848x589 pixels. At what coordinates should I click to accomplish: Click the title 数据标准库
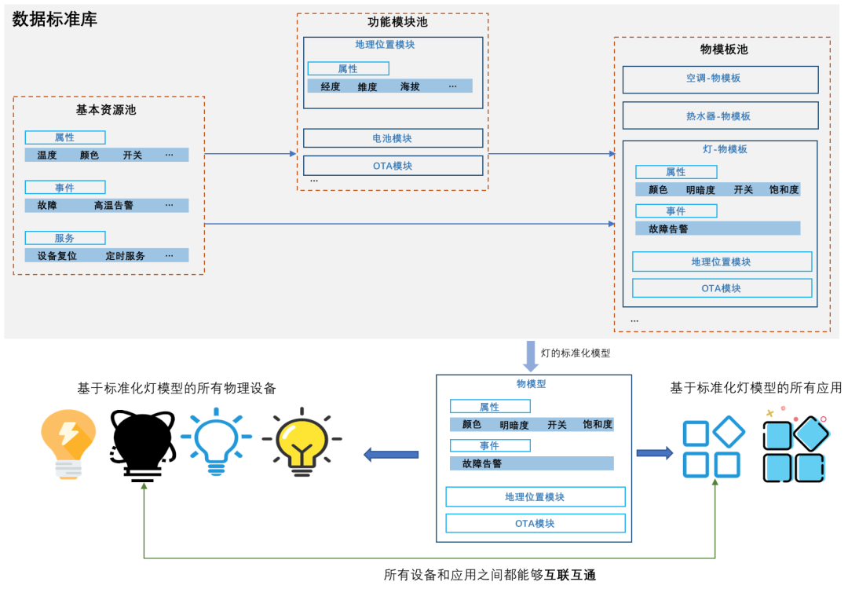pos(55,20)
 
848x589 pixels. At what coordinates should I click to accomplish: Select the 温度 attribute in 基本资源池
pos(47,155)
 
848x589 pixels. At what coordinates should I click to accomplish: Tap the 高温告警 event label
pos(114,205)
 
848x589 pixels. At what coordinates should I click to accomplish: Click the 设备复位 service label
pos(57,255)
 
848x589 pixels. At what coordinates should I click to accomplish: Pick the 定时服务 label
pos(126,255)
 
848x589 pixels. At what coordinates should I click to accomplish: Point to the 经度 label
pos(331,86)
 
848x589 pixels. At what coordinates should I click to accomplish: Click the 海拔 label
pos(410,86)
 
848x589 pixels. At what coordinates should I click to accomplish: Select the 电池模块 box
pos(393,138)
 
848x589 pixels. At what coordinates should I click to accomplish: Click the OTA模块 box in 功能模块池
pos(393,166)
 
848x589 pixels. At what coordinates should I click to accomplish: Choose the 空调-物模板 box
pos(720,79)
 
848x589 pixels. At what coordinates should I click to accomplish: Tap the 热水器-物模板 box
pos(720,115)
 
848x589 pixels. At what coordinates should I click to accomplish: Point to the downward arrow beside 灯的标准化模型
pos(531,356)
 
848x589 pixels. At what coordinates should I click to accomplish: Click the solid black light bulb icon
pos(143,444)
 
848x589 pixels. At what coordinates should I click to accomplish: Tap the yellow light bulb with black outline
pos(302,441)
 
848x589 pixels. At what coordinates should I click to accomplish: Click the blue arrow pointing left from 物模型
pos(391,453)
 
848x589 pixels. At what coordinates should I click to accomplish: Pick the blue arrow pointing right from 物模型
pos(654,453)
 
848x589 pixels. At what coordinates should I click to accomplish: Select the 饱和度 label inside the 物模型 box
pos(598,424)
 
